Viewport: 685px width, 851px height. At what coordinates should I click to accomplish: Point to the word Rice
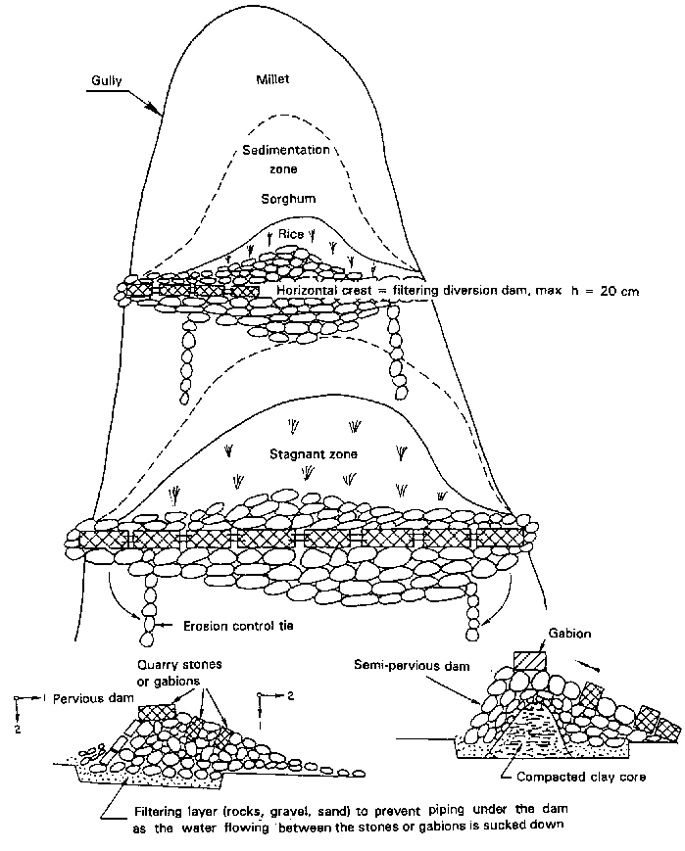coord(289,234)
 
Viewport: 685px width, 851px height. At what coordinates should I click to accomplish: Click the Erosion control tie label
coord(240,624)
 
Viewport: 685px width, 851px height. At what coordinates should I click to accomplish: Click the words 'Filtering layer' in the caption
coord(174,812)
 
